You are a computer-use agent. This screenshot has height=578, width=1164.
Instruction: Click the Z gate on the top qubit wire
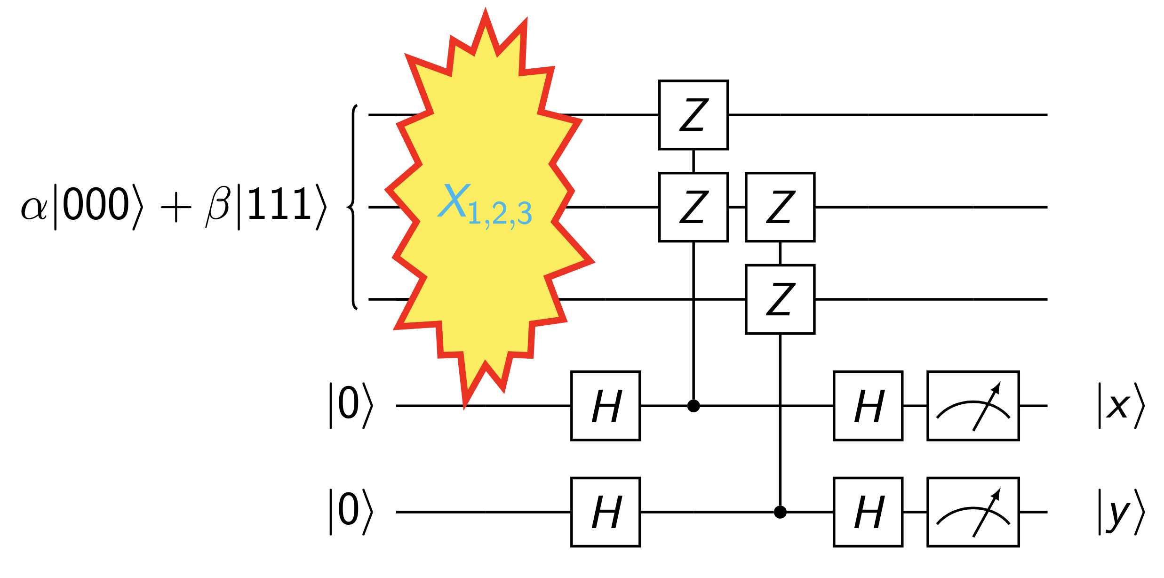[x=694, y=115]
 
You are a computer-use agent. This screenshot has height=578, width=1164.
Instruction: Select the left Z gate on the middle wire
[x=694, y=207]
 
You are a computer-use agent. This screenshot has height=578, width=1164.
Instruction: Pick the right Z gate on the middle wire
[x=780, y=207]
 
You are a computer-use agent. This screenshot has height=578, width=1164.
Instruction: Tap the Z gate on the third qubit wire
[x=780, y=299]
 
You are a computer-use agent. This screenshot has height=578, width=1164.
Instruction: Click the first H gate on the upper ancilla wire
[x=606, y=406]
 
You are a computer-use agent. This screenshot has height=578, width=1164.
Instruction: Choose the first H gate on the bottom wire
[x=606, y=512]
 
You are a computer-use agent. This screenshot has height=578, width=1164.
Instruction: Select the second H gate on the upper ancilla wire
[x=868, y=406]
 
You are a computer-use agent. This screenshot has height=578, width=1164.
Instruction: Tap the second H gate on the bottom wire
[x=868, y=512]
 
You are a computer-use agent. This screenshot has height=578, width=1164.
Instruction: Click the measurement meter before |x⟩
[x=973, y=406]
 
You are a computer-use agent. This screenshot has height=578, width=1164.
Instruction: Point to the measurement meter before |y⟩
[x=973, y=512]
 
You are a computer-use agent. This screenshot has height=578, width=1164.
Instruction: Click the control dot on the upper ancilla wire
[x=694, y=406]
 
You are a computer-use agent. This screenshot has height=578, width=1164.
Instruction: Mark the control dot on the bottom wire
[x=780, y=512]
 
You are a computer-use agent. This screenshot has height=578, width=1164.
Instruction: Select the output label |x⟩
[x=1121, y=406]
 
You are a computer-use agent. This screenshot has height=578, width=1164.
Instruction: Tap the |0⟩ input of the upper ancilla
[x=351, y=406]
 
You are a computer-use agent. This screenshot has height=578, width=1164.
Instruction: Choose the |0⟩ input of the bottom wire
[x=351, y=512]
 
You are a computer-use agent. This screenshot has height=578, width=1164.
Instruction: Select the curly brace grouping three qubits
[x=352, y=207]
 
